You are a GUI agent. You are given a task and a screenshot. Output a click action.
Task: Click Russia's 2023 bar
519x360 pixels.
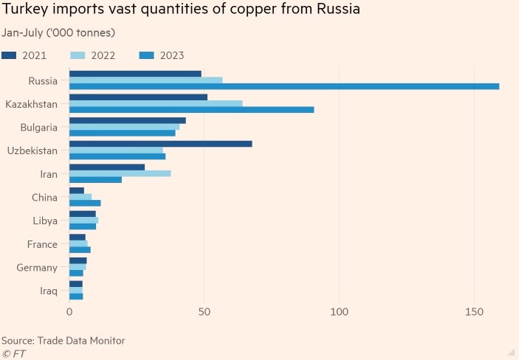point(284,86)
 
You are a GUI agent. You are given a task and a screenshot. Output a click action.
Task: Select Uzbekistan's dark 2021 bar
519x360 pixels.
point(160,143)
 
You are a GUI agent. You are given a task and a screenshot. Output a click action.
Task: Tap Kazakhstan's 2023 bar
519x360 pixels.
point(191,110)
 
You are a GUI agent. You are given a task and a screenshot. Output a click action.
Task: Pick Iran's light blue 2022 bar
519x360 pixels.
point(120,173)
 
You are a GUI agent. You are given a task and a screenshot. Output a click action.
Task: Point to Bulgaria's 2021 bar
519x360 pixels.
point(127,120)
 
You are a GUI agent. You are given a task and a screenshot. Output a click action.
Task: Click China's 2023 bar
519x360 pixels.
point(85,203)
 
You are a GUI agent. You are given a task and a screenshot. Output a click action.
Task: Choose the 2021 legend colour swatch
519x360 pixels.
point(10,55)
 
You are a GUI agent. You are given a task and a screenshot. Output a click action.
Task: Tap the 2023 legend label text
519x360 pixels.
point(171,55)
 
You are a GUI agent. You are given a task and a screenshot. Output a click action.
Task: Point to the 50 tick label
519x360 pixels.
point(204,312)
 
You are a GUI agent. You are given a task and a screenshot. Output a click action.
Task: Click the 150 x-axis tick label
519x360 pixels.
point(474,312)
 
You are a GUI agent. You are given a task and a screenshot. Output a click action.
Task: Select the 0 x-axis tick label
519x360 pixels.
point(69,312)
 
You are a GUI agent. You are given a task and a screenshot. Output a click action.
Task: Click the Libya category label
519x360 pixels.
point(45,221)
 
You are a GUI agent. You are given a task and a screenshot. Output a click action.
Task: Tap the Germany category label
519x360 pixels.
point(37,268)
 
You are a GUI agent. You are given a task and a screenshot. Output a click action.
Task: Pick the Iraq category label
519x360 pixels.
point(49,291)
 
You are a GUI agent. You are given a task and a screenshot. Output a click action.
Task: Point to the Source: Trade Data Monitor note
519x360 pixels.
point(63,340)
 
